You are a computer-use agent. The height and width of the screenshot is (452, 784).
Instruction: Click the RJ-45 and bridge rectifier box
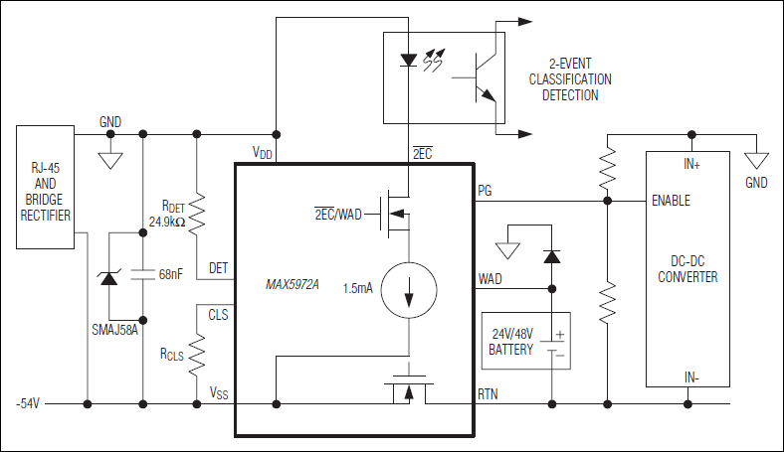click(46, 186)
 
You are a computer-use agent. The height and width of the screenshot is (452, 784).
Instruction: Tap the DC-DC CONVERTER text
click(687, 269)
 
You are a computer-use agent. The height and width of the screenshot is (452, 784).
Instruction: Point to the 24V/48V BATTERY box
click(524, 340)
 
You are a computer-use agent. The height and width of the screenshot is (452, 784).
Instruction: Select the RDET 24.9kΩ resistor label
click(166, 214)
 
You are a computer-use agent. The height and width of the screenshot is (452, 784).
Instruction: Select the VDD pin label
click(263, 153)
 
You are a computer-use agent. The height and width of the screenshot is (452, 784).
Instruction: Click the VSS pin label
click(219, 393)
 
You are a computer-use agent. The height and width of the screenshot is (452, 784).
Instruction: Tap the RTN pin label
click(489, 393)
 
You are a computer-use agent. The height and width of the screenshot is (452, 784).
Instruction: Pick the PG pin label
click(485, 189)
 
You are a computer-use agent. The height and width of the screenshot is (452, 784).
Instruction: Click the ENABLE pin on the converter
click(670, 201)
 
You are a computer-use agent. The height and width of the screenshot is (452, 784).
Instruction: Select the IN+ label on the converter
click(691, 164)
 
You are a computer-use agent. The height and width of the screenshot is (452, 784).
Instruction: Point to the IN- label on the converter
click(691, 377)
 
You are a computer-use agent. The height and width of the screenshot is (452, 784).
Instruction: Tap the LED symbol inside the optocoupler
click(408, 61)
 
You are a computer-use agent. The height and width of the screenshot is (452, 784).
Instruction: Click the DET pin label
click(219, 268)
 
